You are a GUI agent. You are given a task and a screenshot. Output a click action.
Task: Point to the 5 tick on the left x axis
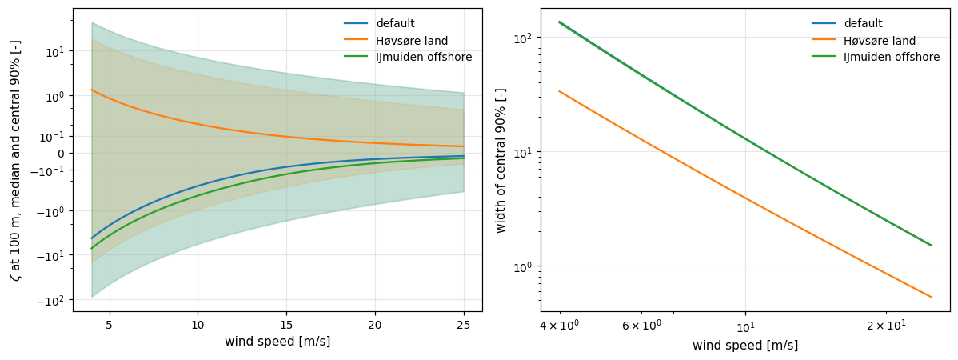tap(110, 323)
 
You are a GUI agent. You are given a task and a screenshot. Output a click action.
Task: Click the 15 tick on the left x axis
tap(286, 323)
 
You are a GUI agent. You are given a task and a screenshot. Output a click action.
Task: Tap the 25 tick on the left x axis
tap(464, 323)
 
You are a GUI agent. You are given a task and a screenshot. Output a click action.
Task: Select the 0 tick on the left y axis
tap(62, 154)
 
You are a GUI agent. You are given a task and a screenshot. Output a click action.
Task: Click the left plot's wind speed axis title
tap(277, 342)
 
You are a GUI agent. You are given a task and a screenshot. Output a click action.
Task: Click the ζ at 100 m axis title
tap(14, 160)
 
